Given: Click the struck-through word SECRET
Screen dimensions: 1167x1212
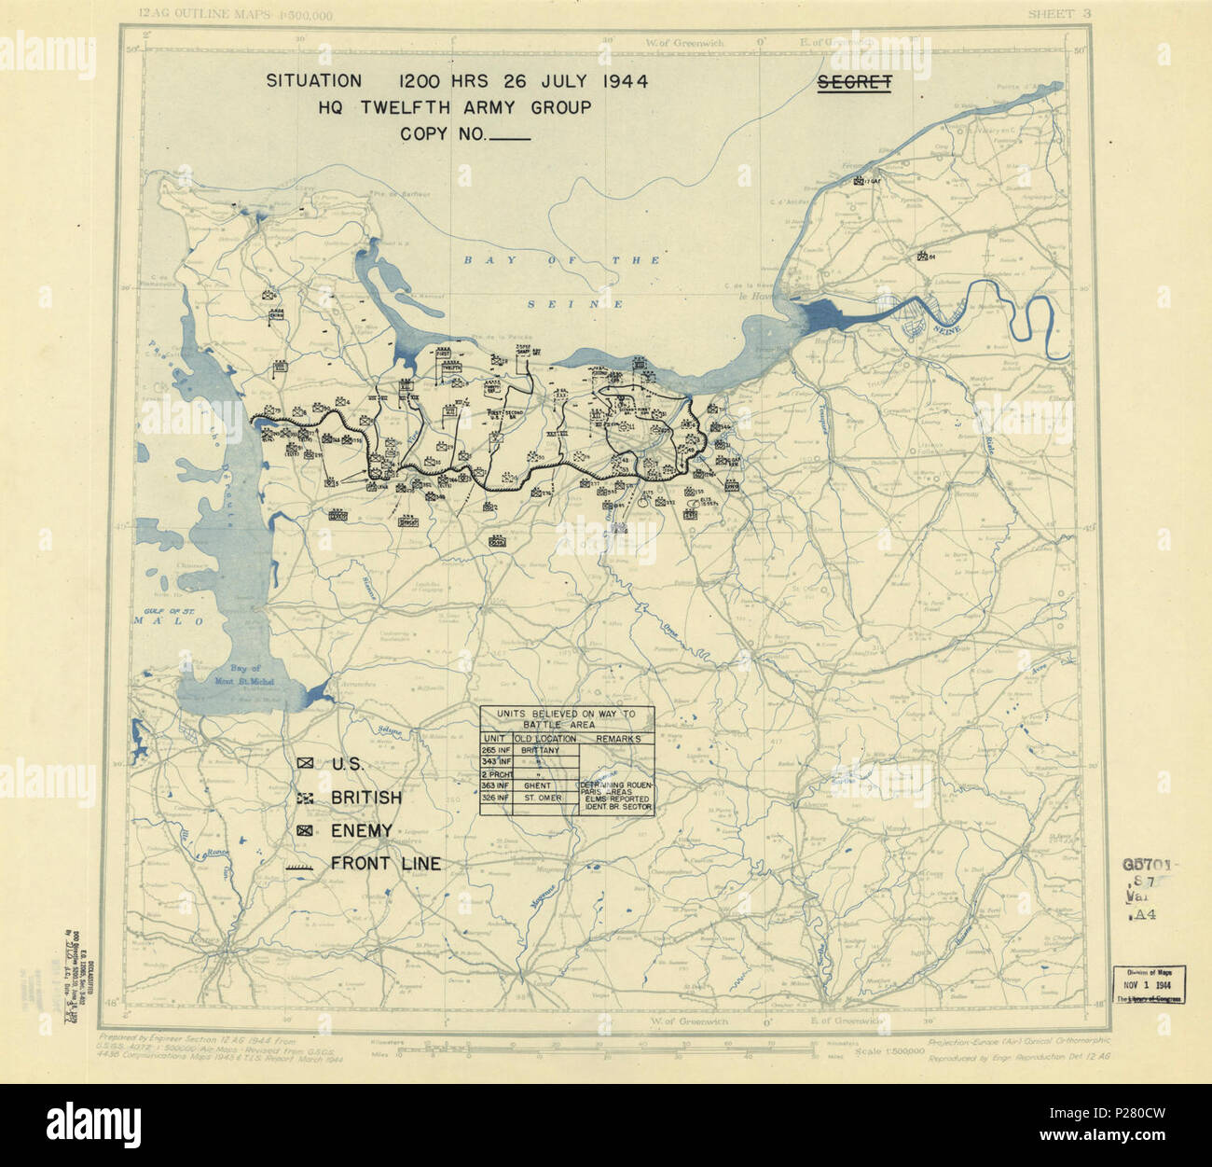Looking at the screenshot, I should (x=854, y=83).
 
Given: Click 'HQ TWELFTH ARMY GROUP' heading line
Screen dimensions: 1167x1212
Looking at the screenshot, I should (x=454, y=107).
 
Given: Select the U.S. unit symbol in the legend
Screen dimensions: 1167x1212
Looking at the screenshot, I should (x=305, y=764).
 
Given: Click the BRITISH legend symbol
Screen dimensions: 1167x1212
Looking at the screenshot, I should (x=305, y=798).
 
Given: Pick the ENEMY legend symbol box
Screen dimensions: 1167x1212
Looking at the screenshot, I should (x=305, y=830).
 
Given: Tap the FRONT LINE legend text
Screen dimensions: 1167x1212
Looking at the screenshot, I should (x=386, y=864).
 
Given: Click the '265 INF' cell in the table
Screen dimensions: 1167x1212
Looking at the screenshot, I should (x=495, y=750).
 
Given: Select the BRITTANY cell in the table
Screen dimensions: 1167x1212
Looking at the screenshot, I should (x=541, y=750).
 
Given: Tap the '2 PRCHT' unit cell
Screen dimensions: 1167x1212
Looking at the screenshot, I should (x=495, y=774).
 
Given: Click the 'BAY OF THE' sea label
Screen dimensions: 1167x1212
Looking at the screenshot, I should (x=561, y=260).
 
